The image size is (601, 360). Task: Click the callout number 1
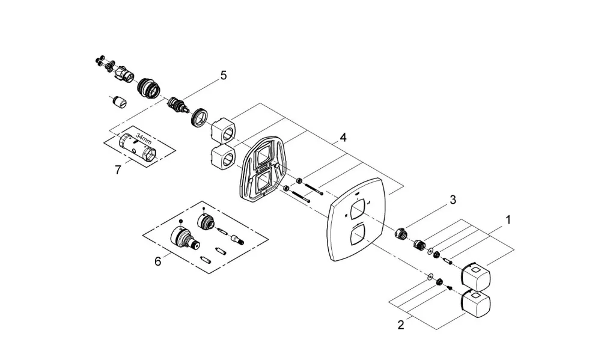pyautogui.click(x=508, y=220)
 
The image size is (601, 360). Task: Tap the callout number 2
pyautogui.click(x=401, y=325)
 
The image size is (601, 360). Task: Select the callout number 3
pyautogui.click(x=453, y=200)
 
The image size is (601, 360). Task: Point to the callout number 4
pyautogui.click(x=343, y=137)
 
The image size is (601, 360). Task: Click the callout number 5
pyautogui.click(x=224, y=75)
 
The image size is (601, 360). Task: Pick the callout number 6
pyautogui.click(x=158, y=261)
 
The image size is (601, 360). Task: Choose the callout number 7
pyautogui.click(x=118, y=169)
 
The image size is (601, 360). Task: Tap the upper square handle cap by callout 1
pyautogui.click(x=476, y=276)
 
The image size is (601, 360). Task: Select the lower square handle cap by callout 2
pyautogui.click(x=476, y=304)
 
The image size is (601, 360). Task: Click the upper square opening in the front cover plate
pyautogui.click(x=357, y=211)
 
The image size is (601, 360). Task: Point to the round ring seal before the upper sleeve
pyautogui.click(x=200, y=117)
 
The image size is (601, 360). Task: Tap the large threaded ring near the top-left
pyautogui.click(x=148, y=88)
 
